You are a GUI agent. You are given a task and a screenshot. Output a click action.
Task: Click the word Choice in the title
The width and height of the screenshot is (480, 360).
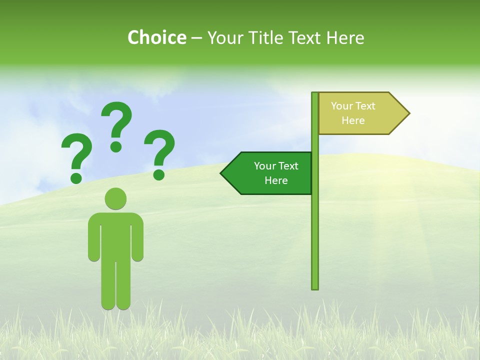pos(156,37)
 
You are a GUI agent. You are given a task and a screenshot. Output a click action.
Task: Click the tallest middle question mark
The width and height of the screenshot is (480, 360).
pos(117,125)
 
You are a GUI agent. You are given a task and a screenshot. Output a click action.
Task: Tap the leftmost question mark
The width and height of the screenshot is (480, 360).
pos(76,157)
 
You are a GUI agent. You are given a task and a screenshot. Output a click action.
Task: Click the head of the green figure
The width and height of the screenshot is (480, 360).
pos(115,198)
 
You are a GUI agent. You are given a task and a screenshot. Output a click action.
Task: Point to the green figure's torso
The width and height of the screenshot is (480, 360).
pos(115,235)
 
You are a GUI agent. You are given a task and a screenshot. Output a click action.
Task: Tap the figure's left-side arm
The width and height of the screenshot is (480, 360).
pos(93,240)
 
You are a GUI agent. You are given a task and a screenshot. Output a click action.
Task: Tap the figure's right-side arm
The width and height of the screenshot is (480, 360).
pos(137,240)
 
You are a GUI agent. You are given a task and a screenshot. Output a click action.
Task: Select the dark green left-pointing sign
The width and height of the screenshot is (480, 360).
pos(270,173)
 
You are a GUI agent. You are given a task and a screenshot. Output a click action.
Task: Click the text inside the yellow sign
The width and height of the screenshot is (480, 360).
pos(353,113)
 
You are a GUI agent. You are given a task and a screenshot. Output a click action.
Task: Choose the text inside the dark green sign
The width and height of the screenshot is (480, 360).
pos(276,173)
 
